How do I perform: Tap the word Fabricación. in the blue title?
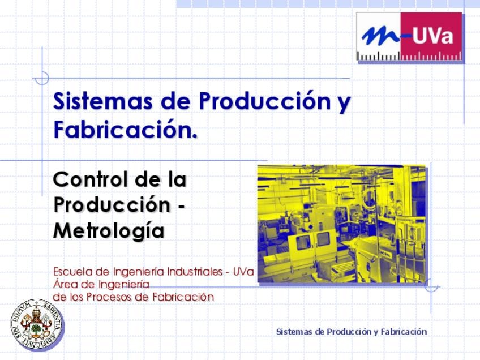pyautogui.click(x=126, y=130)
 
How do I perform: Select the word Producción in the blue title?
pyautogui.click(x=265, y=100)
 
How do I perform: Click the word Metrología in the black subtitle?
pyautogui.click(x=109, y=232)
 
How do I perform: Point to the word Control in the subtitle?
pyautogui.click(x=91, y=179)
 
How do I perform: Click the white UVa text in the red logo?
pyautogui.click(x=432, y=36)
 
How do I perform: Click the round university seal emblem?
pyautogui.click(x=36, y=324)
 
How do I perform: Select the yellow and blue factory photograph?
pyautogui.click(x=341, y=224)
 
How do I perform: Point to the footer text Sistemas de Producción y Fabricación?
pyautogui.click(x=352, y=332)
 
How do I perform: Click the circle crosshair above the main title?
pyautogui.click(x=42, y=78)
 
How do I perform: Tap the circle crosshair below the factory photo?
pyautogui.click(x=431, y=286)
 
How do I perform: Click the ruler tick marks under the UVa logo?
pyautogui.click(x=410, y=55)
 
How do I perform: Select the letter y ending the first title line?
pyautogui.click(x=344, y=103)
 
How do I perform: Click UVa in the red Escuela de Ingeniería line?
pyautogui.click(x=243, y=272)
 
